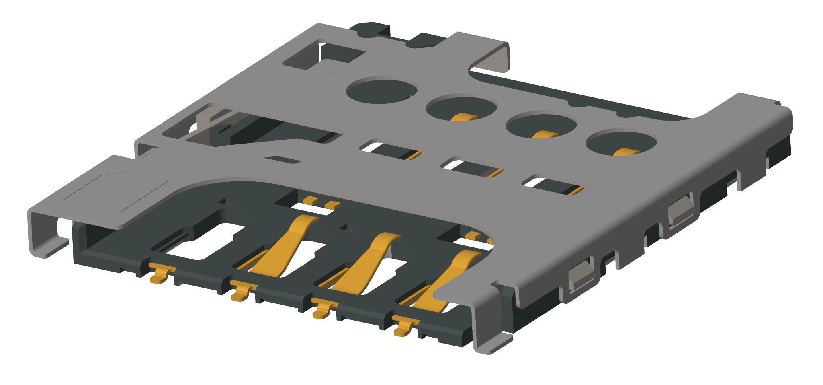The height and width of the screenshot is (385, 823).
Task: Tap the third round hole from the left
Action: coord(541,126)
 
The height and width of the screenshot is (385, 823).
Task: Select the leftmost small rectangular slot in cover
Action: coord(392,149)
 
